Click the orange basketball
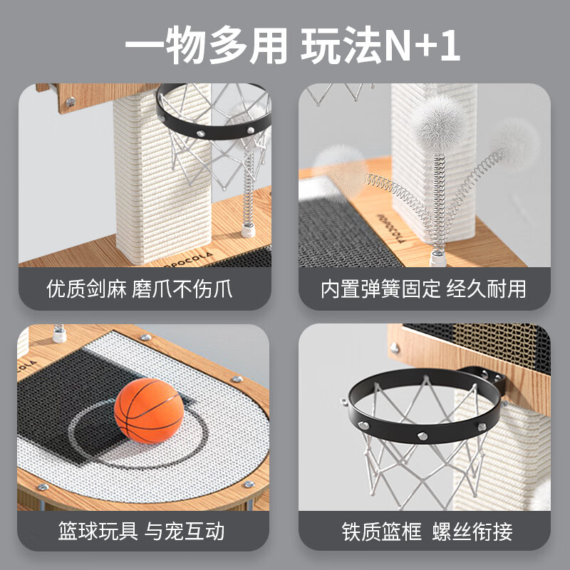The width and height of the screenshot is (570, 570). [x=149, y=411]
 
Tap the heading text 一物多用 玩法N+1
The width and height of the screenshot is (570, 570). [x=293, y=46]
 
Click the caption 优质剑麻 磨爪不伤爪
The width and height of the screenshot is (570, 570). [x=139, y=289]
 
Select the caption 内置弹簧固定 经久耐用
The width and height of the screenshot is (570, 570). [x=423, y=289]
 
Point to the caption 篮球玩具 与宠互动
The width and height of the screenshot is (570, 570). [x=141, y=531]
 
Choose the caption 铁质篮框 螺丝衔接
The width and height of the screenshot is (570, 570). [x=427, y=532]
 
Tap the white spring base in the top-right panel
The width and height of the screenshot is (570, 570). [x=438, y=259]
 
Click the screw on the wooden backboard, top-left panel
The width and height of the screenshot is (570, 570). [x=70, y=101]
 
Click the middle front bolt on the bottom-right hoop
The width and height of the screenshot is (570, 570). [x=423, y=435]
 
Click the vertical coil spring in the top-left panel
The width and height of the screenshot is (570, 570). [x=249, y=189]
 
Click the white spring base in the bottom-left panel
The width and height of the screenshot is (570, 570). [x=59, y=333]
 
